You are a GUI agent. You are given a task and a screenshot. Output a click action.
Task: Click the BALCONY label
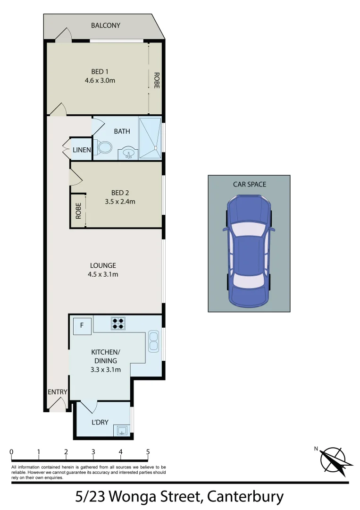click(x=106, y=25)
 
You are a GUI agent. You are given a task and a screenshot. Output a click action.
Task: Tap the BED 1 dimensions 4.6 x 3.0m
click(x=100, y=80)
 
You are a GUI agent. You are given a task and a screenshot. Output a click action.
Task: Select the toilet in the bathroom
click(x=103, y=147)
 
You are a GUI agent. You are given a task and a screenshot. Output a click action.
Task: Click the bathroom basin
click(x=128, y=153)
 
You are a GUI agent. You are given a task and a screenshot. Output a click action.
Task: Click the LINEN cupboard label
click(x=82, y=150)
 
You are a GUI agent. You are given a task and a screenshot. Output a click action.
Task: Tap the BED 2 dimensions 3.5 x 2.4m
click(x=120, y=202)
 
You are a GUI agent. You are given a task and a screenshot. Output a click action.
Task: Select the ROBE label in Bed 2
click(x=78, y=211)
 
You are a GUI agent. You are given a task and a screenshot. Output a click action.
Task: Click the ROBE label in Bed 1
click(x=156, y=80)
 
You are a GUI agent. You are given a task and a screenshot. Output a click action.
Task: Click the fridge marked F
click(x=82, y=325)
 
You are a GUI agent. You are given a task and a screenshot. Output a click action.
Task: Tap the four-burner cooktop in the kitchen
click(x=118, y=323)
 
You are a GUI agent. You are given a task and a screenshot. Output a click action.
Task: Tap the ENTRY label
click(x=58, y=392)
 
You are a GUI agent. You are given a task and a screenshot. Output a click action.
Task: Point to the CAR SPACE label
click(x=249, y=184)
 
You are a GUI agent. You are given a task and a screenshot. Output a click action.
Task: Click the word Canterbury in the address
click(x=246, y=497)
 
